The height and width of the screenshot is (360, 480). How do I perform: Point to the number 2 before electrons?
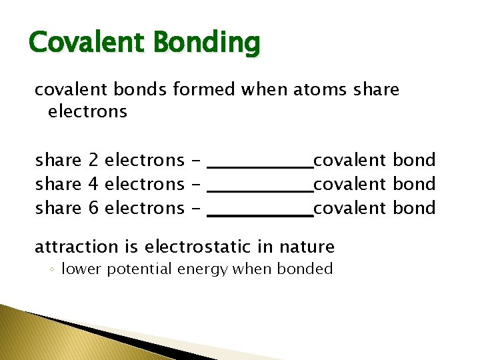click(x=93, y=160)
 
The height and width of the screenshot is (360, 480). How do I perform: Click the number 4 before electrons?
click(x=93, y=184)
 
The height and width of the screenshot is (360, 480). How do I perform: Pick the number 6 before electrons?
click(x=93, y=208)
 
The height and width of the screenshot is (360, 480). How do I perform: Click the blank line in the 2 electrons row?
click(x=261, y=167)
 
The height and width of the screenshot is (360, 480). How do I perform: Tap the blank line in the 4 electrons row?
click(x=261, y=191)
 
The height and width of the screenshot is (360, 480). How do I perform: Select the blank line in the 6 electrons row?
click(x=261, y=215)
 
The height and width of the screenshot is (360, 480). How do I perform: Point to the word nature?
click(x=307, y=247)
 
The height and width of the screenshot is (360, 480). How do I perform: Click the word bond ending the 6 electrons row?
click(x=414, y=208)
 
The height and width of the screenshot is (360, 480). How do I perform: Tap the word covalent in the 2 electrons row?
click(x=349, y=160)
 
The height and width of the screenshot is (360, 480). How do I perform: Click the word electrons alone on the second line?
click(x=87, y=111)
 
